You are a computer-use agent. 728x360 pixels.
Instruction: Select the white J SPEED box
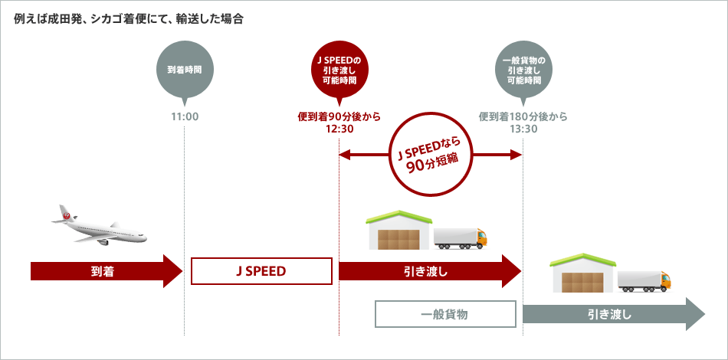pyautogui.click(x=261, y=271)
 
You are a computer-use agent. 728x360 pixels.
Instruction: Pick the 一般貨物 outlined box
pyautogui.click(x=445, y=314)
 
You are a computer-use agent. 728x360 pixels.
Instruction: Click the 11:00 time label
pyautogui.click(x=184, y=117)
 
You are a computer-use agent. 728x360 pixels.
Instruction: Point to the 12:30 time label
pyautogui.click(x=338, y=129)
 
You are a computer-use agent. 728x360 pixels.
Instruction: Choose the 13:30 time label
pyautogui.click(x=523, y=129)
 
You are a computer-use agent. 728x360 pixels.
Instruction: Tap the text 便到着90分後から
pyautogui.click(x=338, y=117)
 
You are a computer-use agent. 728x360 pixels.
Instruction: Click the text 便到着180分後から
pyautogui.click(x=523, y=117)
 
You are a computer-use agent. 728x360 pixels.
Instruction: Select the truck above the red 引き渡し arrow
pyautogui.click(x=461, y=237)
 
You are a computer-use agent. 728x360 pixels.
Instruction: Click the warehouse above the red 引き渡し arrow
pyautogui.click(x=398, y=230)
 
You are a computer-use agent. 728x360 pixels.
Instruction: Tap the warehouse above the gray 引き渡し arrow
pyautogui.click(x=582, y=273)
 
